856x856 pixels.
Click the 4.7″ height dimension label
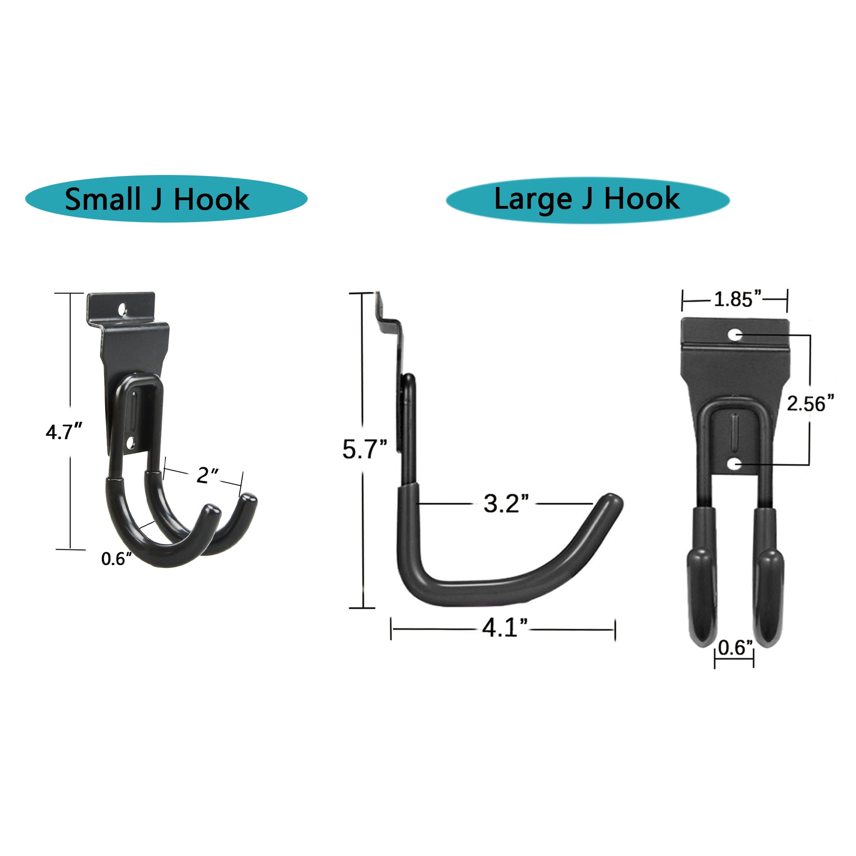(64, 432)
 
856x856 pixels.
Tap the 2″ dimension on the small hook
(207, 475)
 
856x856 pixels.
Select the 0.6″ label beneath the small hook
(116, 558)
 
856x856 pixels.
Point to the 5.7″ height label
(364, 449)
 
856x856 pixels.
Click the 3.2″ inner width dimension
(506, 504)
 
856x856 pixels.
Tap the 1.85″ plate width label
(737, 299)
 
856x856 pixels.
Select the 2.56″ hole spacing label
(810, 404)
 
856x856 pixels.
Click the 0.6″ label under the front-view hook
(735, 647)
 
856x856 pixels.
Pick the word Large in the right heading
(533, 198)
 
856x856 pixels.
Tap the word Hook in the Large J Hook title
(642, 198)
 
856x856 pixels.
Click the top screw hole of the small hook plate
(123, 310)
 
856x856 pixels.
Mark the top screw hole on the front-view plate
(735, 335)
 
